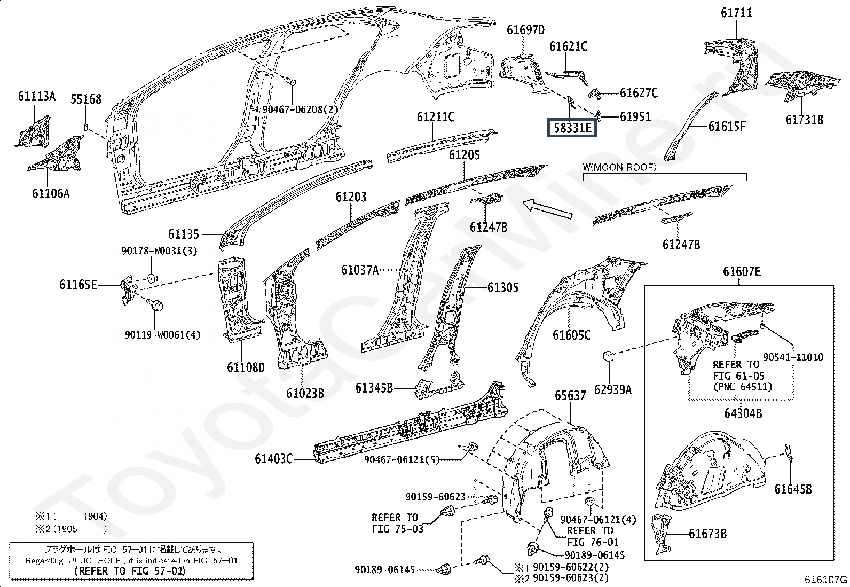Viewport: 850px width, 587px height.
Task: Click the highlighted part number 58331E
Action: point(572,128)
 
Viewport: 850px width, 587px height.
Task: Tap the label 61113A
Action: point(37,97)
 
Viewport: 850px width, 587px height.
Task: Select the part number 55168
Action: point(86,99)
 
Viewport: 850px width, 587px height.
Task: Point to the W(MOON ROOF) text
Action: point(620,167)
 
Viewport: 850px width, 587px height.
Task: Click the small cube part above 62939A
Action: point(609,356)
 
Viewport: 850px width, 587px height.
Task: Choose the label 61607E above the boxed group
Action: point(742,272)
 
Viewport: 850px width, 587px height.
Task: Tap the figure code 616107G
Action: point(826,580)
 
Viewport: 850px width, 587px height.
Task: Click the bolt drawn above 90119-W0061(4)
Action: point(155,304)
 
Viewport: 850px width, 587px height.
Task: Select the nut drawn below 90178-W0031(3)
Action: point(152,279)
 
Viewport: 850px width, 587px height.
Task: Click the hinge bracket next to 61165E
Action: point(127,291)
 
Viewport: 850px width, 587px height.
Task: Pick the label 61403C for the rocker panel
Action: point(273,459)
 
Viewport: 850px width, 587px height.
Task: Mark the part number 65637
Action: point(570,396)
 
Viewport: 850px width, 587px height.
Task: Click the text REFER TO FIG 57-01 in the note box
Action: point(130,571)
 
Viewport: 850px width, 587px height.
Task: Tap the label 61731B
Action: point(805,120)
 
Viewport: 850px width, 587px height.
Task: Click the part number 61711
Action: point(736,13)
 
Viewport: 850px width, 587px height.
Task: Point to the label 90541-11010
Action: point(793,357)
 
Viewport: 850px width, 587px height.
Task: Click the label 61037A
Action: point(360,270)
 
